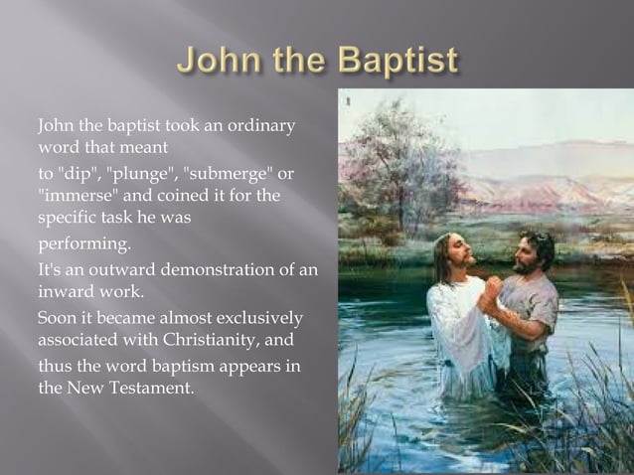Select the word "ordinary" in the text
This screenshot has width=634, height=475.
(261, 127)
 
